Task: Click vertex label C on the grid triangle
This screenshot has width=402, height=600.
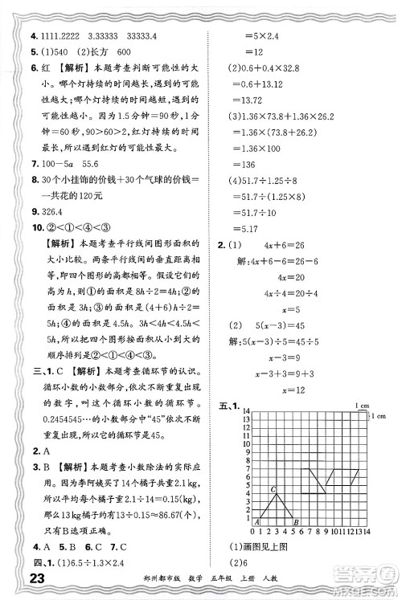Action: click(273, 488)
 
